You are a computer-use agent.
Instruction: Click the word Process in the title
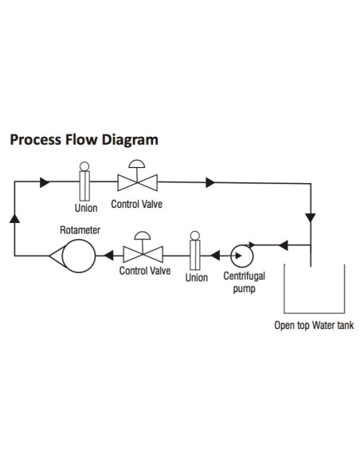tap(36, 139)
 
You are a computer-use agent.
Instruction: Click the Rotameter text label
tap(80, 230)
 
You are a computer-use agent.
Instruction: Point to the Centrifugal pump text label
tap(244, 282)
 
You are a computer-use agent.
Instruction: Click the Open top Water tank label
tap(314, 326)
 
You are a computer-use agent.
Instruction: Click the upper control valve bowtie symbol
tap(137, 182)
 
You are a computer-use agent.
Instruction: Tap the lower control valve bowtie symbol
tap(143, 255)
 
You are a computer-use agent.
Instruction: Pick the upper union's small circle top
tap(84, 166)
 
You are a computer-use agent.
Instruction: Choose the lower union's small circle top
tap(195, 236)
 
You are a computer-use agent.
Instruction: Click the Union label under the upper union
tap(86, 208)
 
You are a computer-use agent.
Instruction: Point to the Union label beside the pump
tap(197, 278)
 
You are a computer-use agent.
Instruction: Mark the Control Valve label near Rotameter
tap(145, 271)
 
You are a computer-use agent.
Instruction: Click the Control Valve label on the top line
tap(137, 204)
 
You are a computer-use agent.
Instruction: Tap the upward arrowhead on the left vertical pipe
tap(14, 218)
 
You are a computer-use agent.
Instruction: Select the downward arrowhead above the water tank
tap(311, 217)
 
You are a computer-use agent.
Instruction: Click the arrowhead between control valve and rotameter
tap(109, 256)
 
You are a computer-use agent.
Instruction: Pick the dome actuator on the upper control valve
tap(137, 164)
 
